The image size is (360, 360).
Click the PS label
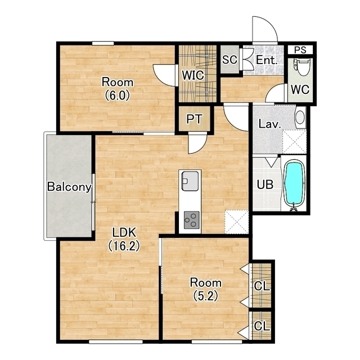tap(300, 50)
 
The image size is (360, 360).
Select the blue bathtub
tap(294, 185)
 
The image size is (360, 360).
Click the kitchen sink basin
tap(190, 181)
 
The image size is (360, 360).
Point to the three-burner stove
tap(191, 220)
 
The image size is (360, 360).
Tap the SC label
tap(229, 60)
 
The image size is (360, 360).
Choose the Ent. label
tap(267, 60)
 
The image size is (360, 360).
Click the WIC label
tap(193, 75)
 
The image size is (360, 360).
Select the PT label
tap(194, 119)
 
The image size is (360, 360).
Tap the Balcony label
tap(69, 187)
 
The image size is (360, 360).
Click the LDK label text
tap(124, 232)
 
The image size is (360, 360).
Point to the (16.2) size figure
tap(124, 246)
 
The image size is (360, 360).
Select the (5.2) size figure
tap(205, 296)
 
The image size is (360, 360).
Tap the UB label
tap(265, 184)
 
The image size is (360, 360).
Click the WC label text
tap(300, 89)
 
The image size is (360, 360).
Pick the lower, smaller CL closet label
tap(262, 326)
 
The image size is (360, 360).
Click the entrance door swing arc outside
tap(270, 24)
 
